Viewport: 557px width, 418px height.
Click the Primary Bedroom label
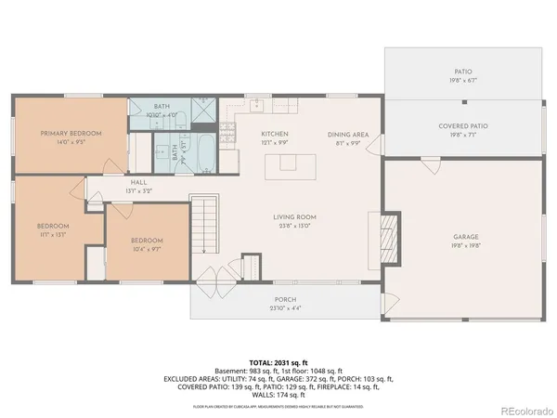[71, 134]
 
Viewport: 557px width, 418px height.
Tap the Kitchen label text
[275, 135]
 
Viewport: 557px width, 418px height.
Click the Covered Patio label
[462, 126]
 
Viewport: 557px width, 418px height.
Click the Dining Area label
[348, 135]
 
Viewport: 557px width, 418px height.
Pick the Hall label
[138, 182]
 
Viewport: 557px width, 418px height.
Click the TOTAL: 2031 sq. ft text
[278, 360]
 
